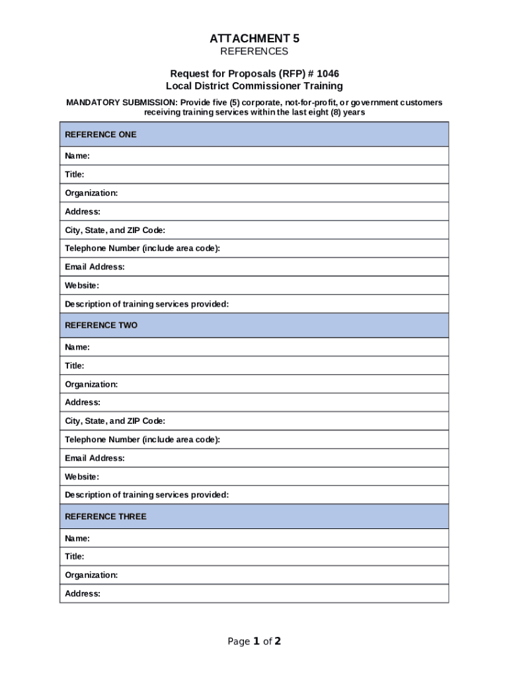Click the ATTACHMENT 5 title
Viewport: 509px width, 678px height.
click(x=254, y=38)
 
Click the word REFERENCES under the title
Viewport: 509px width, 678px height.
click(x=254, y=52)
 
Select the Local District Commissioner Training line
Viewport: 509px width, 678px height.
click(x=254, y=86)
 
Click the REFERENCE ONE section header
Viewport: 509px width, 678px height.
click(x=100, y=134)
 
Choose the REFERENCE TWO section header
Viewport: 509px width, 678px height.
click(x=101, y=326)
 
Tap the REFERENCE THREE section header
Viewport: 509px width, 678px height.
click(x=106, y=516)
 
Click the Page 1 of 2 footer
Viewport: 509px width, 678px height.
click(x=254, y=641)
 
